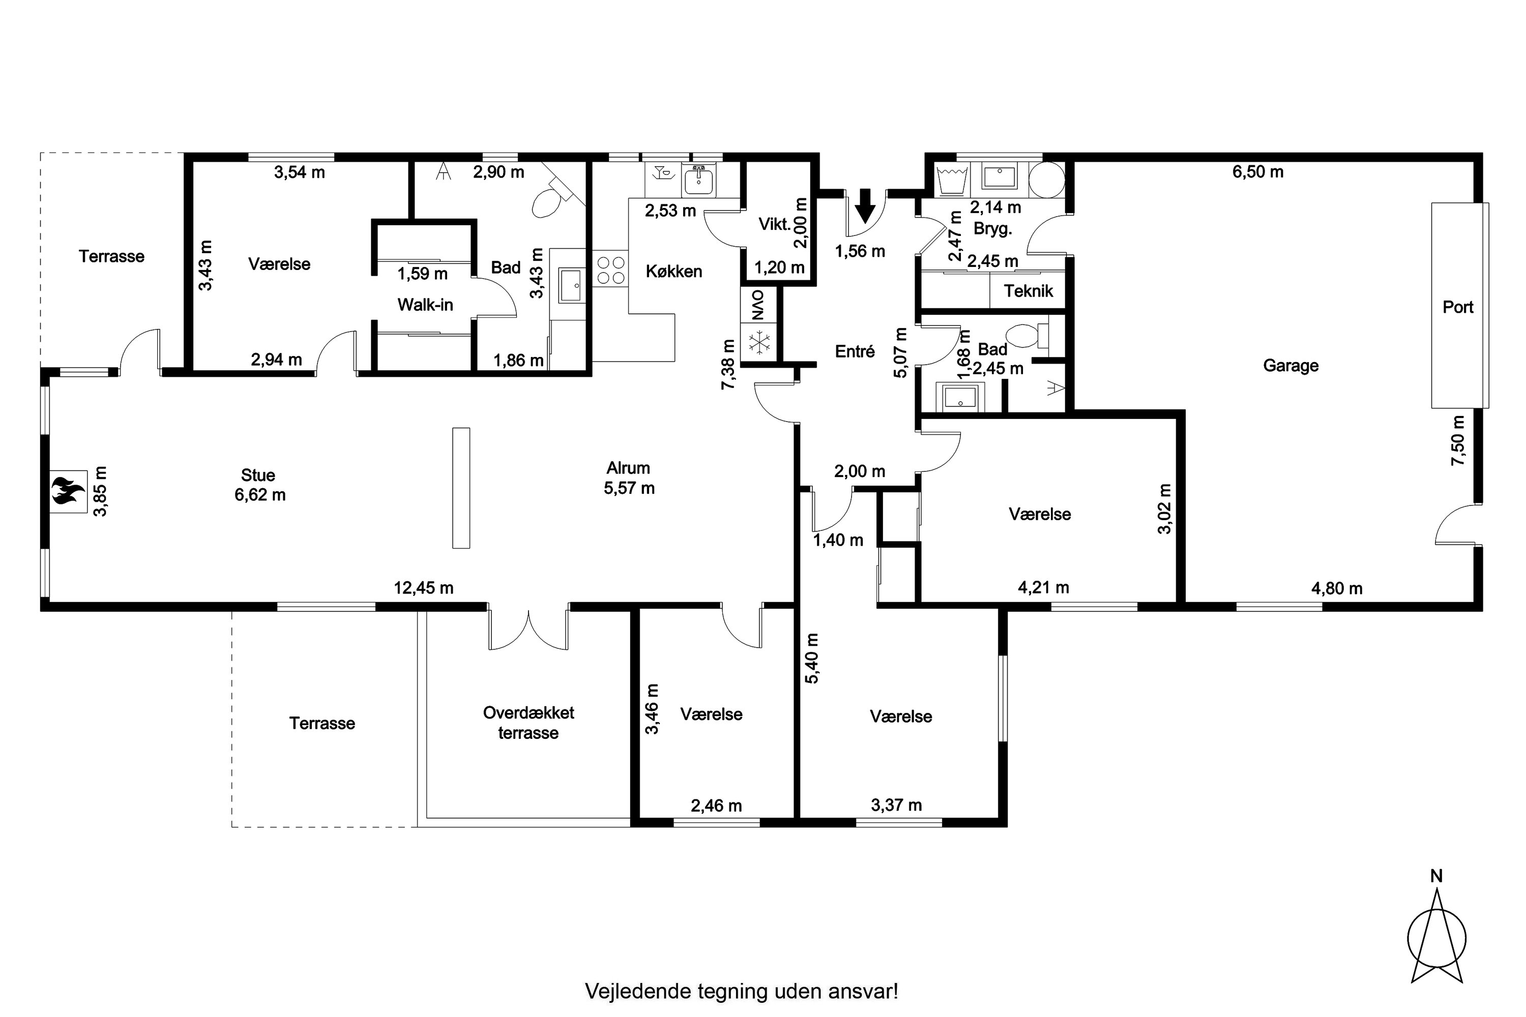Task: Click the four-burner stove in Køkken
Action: (610, 271)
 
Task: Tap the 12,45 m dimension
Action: (424, 588)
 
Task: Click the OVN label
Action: (758, 304)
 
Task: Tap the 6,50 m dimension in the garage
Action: (1258, 172)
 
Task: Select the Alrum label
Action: (628, 468)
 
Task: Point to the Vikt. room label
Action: (775, 224)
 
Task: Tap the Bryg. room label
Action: (993, 229)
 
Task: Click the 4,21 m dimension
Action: (1043, 588)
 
